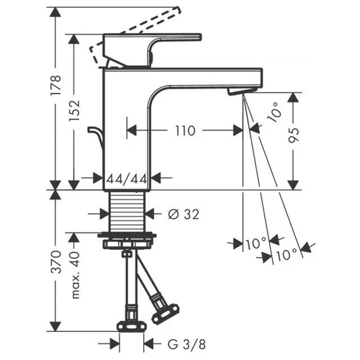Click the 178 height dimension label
(56, 86)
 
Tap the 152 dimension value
(74, 111)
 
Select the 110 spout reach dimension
(185, 131)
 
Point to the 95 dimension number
(294, 136)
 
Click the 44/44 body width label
(127, 179)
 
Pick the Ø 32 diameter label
(184, 215)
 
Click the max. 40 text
(76, 275)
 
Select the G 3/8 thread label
(187, 345)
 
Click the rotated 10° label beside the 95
(274, 112)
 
